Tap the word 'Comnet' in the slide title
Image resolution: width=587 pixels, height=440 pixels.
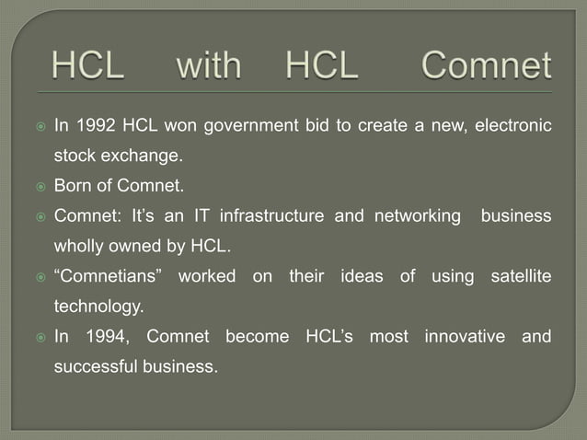click(x=487, y=67)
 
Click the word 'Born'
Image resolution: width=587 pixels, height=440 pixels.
click(x=75, y=186)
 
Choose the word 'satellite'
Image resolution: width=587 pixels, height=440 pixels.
click(x=520, y=276)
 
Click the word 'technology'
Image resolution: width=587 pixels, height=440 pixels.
click(x=98, y=306)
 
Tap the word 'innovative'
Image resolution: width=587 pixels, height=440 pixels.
click(x=465, y=336)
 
